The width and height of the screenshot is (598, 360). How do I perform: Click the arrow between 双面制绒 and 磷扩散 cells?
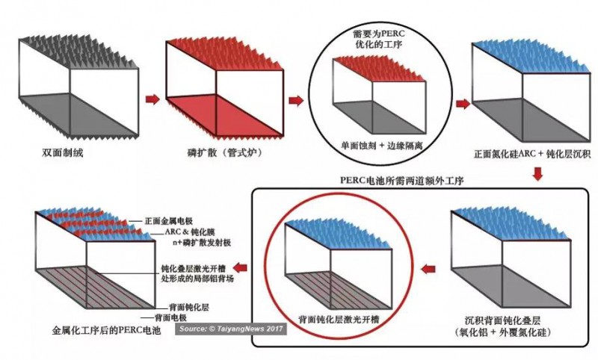(152, 99)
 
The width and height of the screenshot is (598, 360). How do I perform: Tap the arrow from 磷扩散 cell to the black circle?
(296, 101)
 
